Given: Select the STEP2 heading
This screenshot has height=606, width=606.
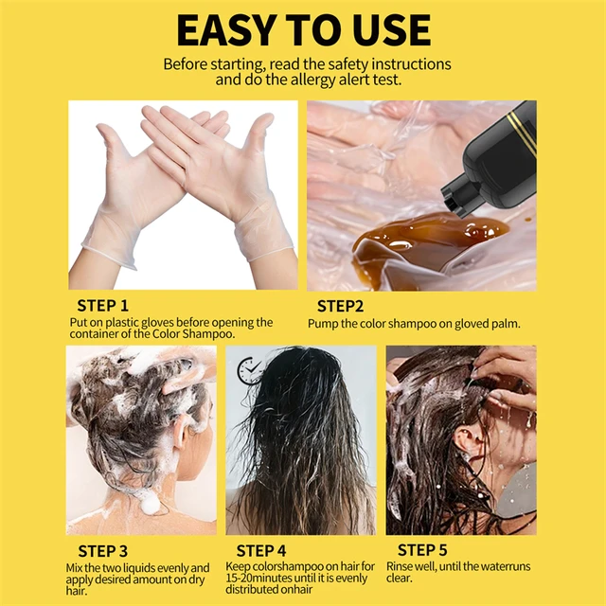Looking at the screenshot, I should tap(340, 306).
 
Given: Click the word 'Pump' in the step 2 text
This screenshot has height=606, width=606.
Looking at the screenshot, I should tap(324, 323).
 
